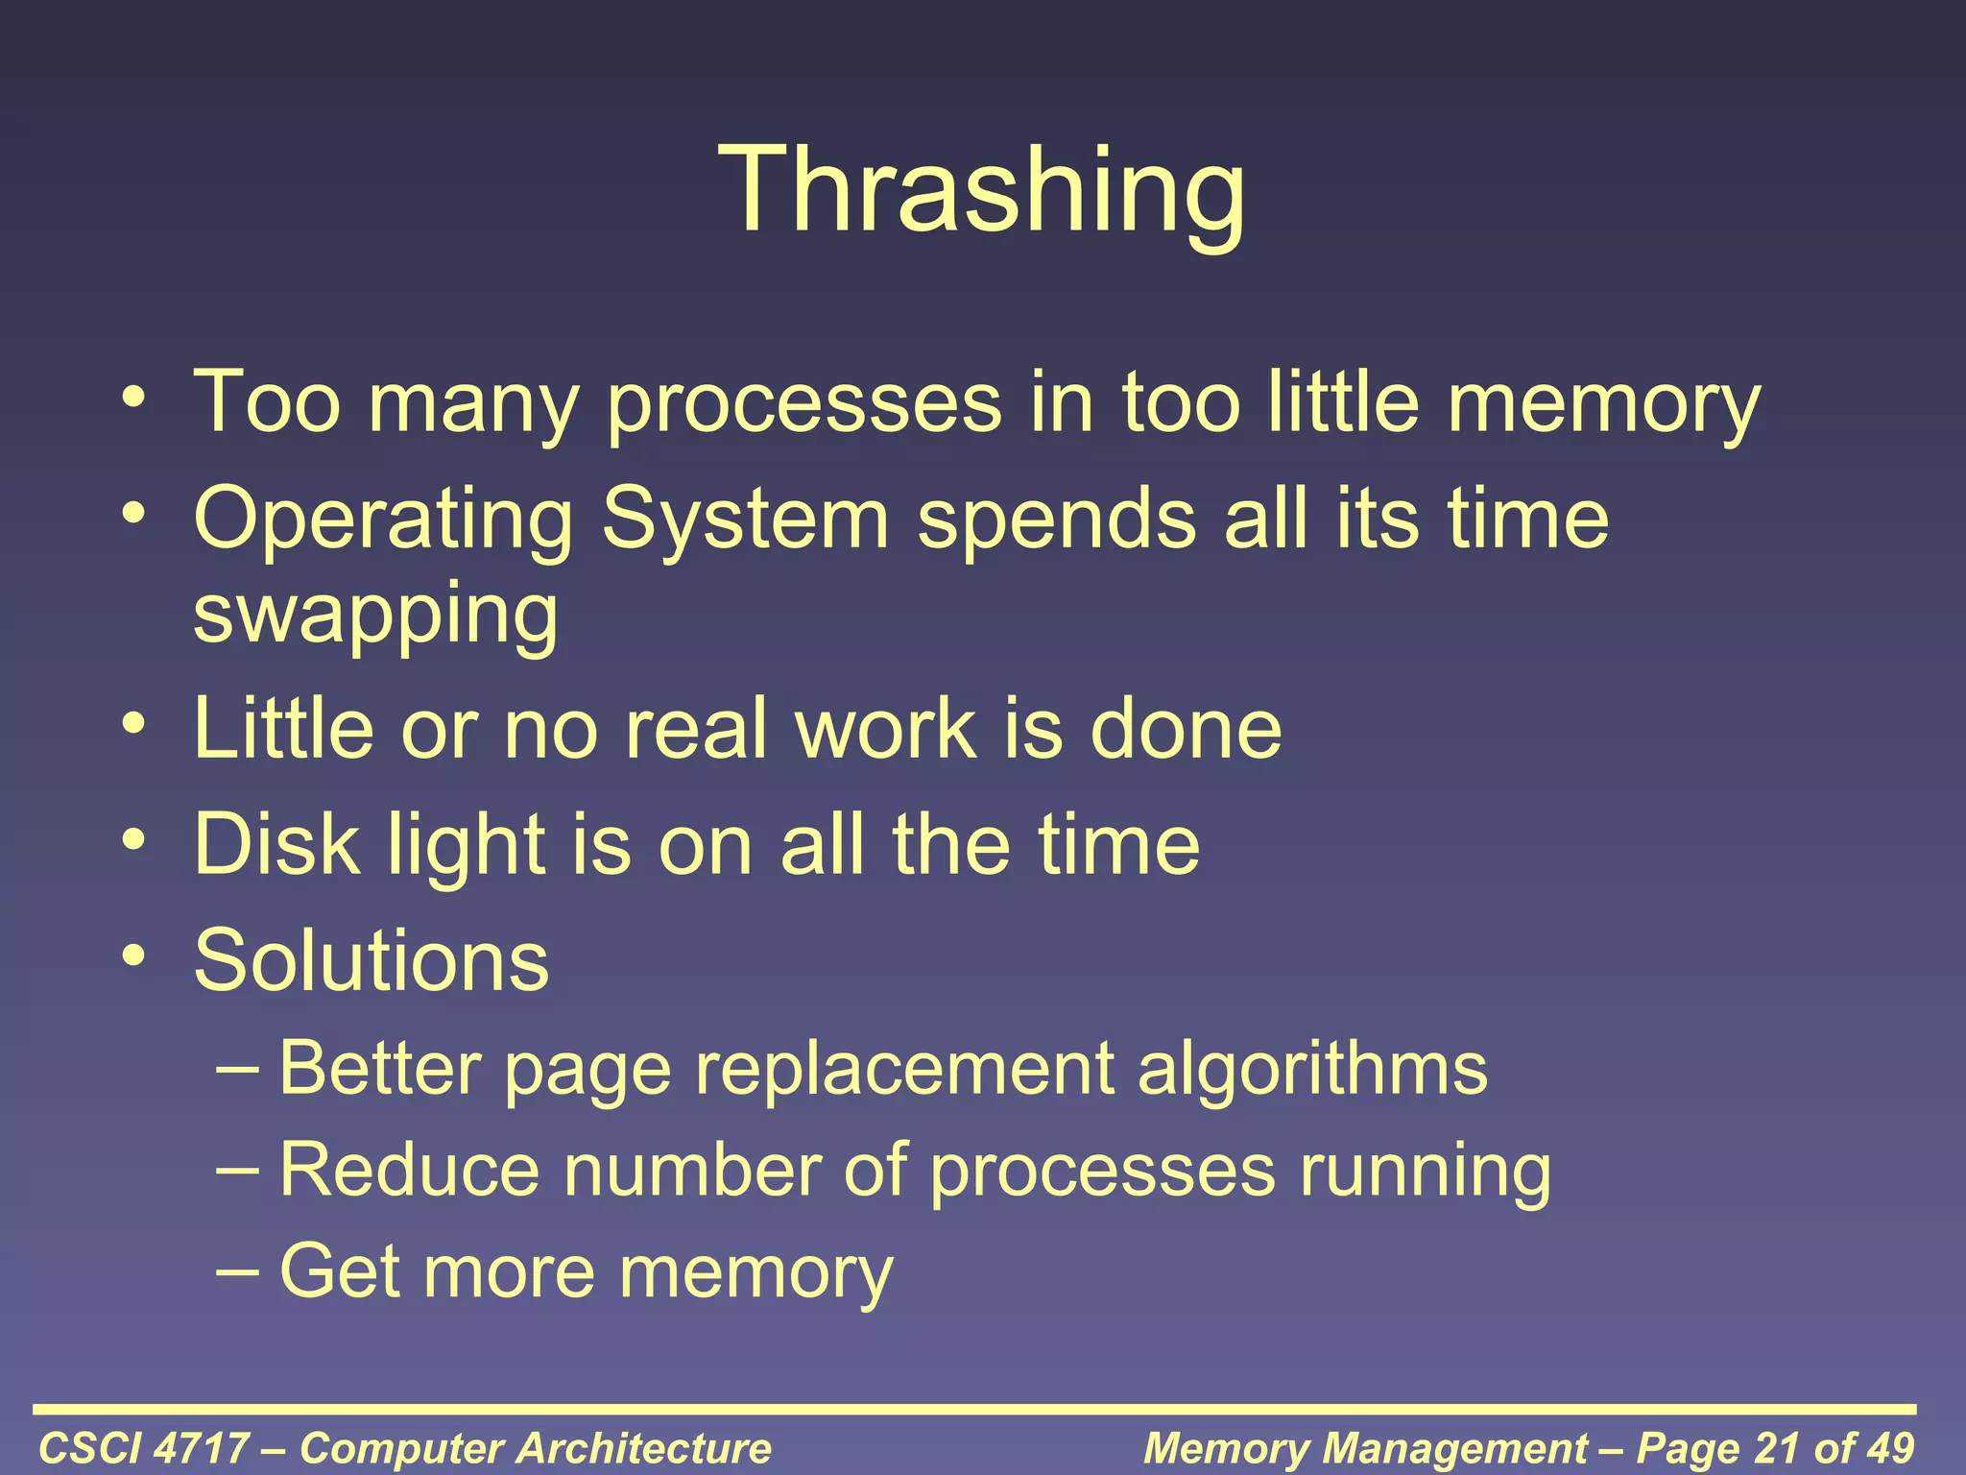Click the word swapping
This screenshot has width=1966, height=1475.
[x=375, y=615]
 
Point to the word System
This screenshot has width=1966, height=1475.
[x=746, y=519]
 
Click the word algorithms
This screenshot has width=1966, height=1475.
[x=1312, y=1069]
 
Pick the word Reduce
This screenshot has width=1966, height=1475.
[x=410, y=1171]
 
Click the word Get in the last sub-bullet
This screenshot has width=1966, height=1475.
[x=339, y=1271]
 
